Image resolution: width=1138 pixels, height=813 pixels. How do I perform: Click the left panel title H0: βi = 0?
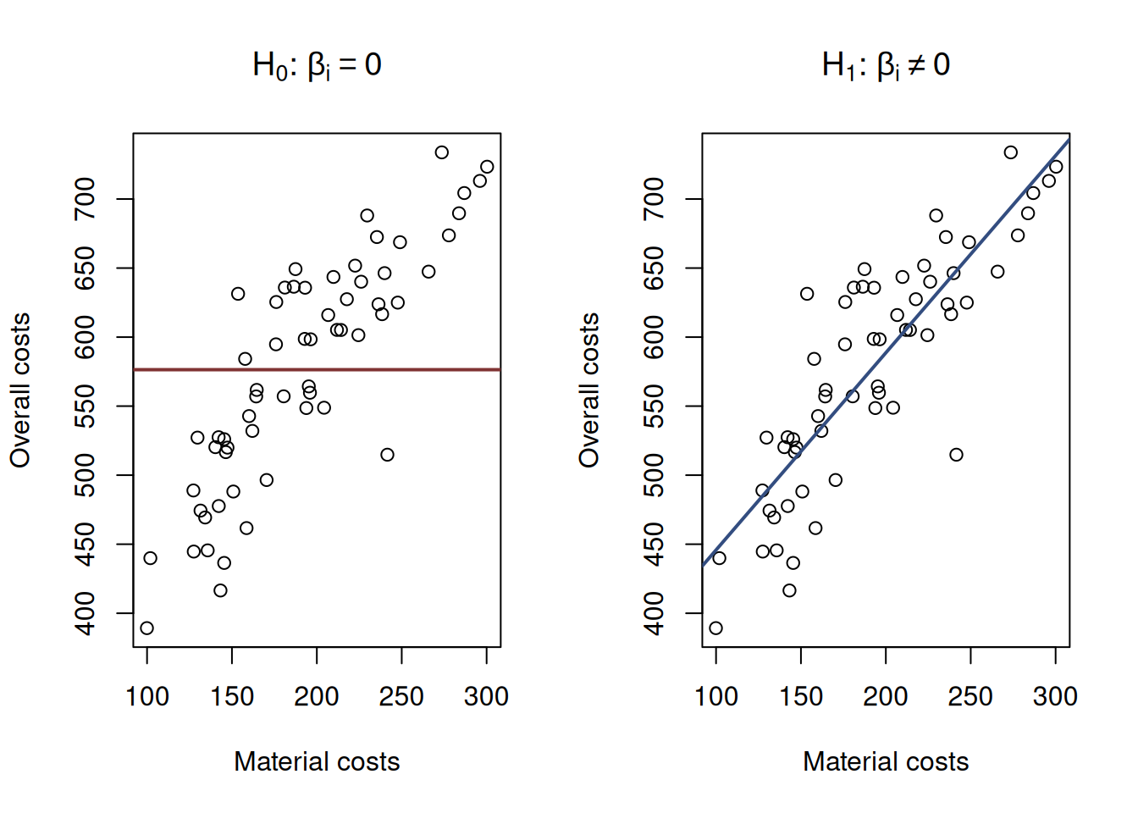click(x=317, y=65)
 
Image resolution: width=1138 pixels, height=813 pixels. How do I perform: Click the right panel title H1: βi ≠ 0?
click(x=886, y=65)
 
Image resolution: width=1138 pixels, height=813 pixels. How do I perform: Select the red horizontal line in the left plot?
click(x=381, y=369)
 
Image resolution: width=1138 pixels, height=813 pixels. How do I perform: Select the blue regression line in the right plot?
click(x=931, y=296)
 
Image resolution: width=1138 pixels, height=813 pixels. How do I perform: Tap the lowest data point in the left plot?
click(x=147, y=628)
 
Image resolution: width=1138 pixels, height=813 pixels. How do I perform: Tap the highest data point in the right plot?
click(x=1011, y=152)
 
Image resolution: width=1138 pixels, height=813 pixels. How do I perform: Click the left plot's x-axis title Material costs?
click(x=317, y=761)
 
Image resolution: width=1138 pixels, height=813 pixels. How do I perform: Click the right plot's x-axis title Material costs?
click(x=886, y=761)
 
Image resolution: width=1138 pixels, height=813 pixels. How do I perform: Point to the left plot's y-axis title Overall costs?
click(x=20, y=390)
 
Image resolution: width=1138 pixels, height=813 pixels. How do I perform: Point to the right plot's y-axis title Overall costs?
click(x=589, y=390)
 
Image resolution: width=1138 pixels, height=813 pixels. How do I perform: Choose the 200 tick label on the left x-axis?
click(x=317, y=697)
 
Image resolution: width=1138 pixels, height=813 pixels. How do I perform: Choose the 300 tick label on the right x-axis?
click(x=1055, y=697)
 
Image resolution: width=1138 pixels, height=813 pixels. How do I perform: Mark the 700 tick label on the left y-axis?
click(x=85, y=199)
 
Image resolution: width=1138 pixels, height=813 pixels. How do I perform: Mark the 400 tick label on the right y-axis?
click(x=654, y=613)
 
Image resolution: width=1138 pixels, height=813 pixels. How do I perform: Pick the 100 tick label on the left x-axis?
click(x=147, y=697)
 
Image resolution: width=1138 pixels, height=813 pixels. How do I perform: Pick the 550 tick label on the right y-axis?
click(x=654, y=406)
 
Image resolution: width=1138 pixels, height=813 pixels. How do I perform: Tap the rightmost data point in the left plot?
click(x=487, y=167)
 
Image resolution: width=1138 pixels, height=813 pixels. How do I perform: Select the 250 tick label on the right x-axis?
click(x=970, y=697)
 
